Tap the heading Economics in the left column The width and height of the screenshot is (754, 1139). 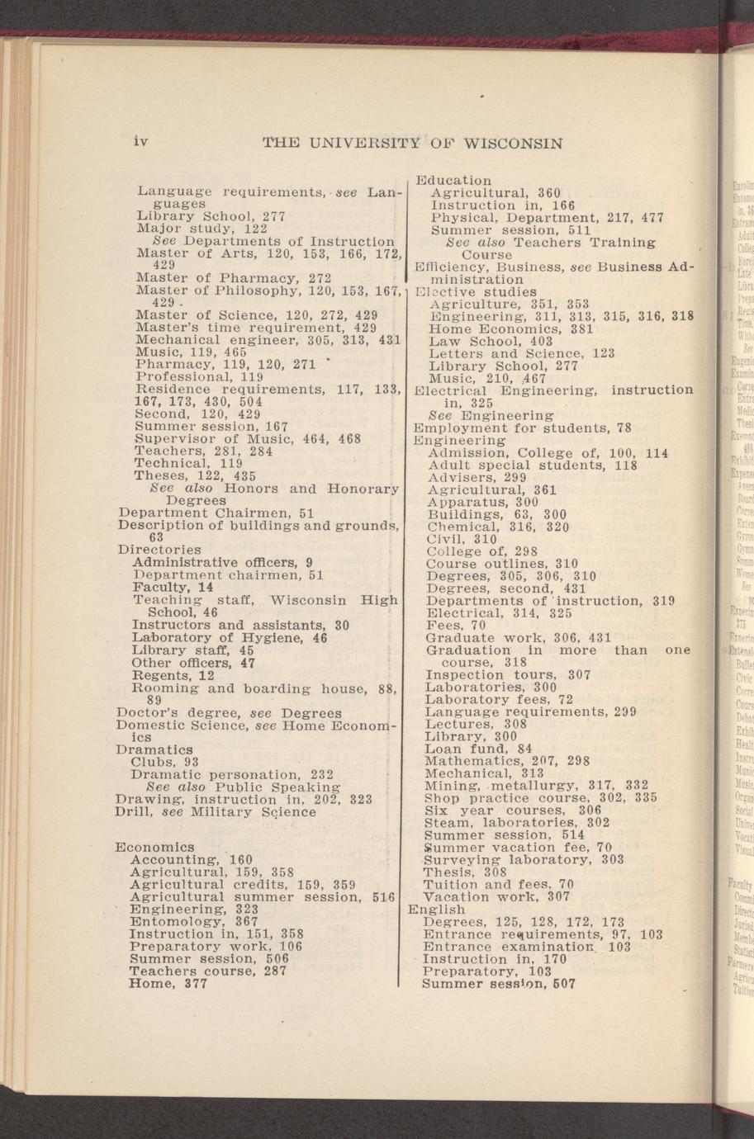(x=155, y=847)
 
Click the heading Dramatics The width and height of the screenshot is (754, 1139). (x=154, y=749)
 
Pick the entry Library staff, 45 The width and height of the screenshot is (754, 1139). (x=192, y=650)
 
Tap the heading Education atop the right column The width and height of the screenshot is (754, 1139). (x=453, y=180)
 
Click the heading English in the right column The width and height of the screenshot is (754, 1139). (x=437, y=909)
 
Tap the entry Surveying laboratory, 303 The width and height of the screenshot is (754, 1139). (x=524, y=859)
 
